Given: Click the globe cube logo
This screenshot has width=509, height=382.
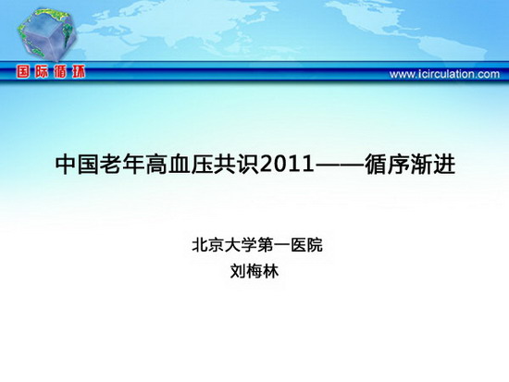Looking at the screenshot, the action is (47, 34).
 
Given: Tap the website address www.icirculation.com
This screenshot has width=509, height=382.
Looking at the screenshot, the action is (444, 74).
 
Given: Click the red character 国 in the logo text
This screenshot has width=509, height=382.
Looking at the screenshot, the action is (23, 72).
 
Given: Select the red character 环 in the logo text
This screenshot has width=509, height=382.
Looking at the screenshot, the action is (79, 72).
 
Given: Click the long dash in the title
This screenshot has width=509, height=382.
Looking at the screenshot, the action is (340, 165).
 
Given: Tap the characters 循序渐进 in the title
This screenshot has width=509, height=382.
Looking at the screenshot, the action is (410, 165).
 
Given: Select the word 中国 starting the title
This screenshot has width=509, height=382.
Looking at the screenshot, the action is (77, 165).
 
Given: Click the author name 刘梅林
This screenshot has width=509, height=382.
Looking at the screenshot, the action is (254, 271).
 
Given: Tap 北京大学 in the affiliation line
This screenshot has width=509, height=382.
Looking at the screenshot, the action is (224, 245).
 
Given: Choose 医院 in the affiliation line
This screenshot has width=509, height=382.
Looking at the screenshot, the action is (306, 245).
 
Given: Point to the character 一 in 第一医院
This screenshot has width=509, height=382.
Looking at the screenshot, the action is (281, 245).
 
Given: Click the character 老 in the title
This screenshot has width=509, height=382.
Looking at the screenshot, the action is (111, 165).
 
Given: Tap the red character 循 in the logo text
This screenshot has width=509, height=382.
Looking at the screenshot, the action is (60, 72).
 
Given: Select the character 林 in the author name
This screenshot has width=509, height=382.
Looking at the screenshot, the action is (271, 271).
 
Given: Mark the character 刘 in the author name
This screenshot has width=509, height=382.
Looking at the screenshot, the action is (238, 271).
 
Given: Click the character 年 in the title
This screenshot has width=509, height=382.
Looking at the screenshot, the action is (134, 165).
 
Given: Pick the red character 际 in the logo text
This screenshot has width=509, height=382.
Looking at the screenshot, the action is (42, 72).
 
